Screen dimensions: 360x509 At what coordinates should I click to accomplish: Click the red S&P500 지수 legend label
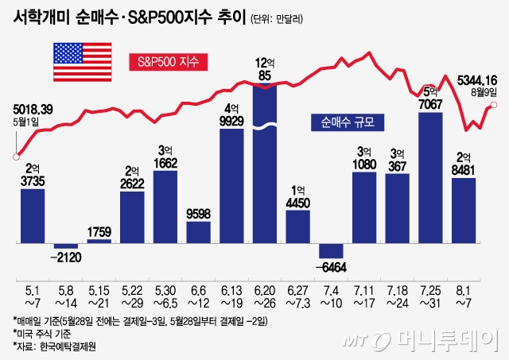tap(169, 61)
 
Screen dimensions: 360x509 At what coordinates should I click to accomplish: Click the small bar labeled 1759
tap(99, 239)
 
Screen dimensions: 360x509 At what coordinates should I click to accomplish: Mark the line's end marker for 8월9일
tap(493, 106)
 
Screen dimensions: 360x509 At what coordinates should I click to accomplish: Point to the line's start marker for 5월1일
tap(15, 156)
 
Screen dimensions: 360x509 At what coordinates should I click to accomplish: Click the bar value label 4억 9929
tap(231, 114)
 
